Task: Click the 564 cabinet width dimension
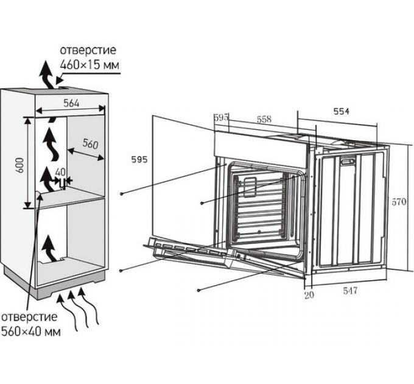coord(71,104)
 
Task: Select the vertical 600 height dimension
coord(19,163)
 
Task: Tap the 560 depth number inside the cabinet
coord(90,144)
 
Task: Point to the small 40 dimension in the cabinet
coord(60,172)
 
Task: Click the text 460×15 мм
coord(88,63)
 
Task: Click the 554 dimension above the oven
coord(340,112)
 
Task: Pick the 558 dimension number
coord(264,119)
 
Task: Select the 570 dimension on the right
coord(399,202)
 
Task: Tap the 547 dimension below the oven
coord(349,291)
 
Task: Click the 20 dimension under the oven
coord(309,296)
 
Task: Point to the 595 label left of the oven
coord(139,160)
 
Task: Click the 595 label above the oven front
coord(220,118)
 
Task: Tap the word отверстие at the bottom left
coord(29,318)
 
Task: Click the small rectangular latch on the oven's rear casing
coord(349,162)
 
